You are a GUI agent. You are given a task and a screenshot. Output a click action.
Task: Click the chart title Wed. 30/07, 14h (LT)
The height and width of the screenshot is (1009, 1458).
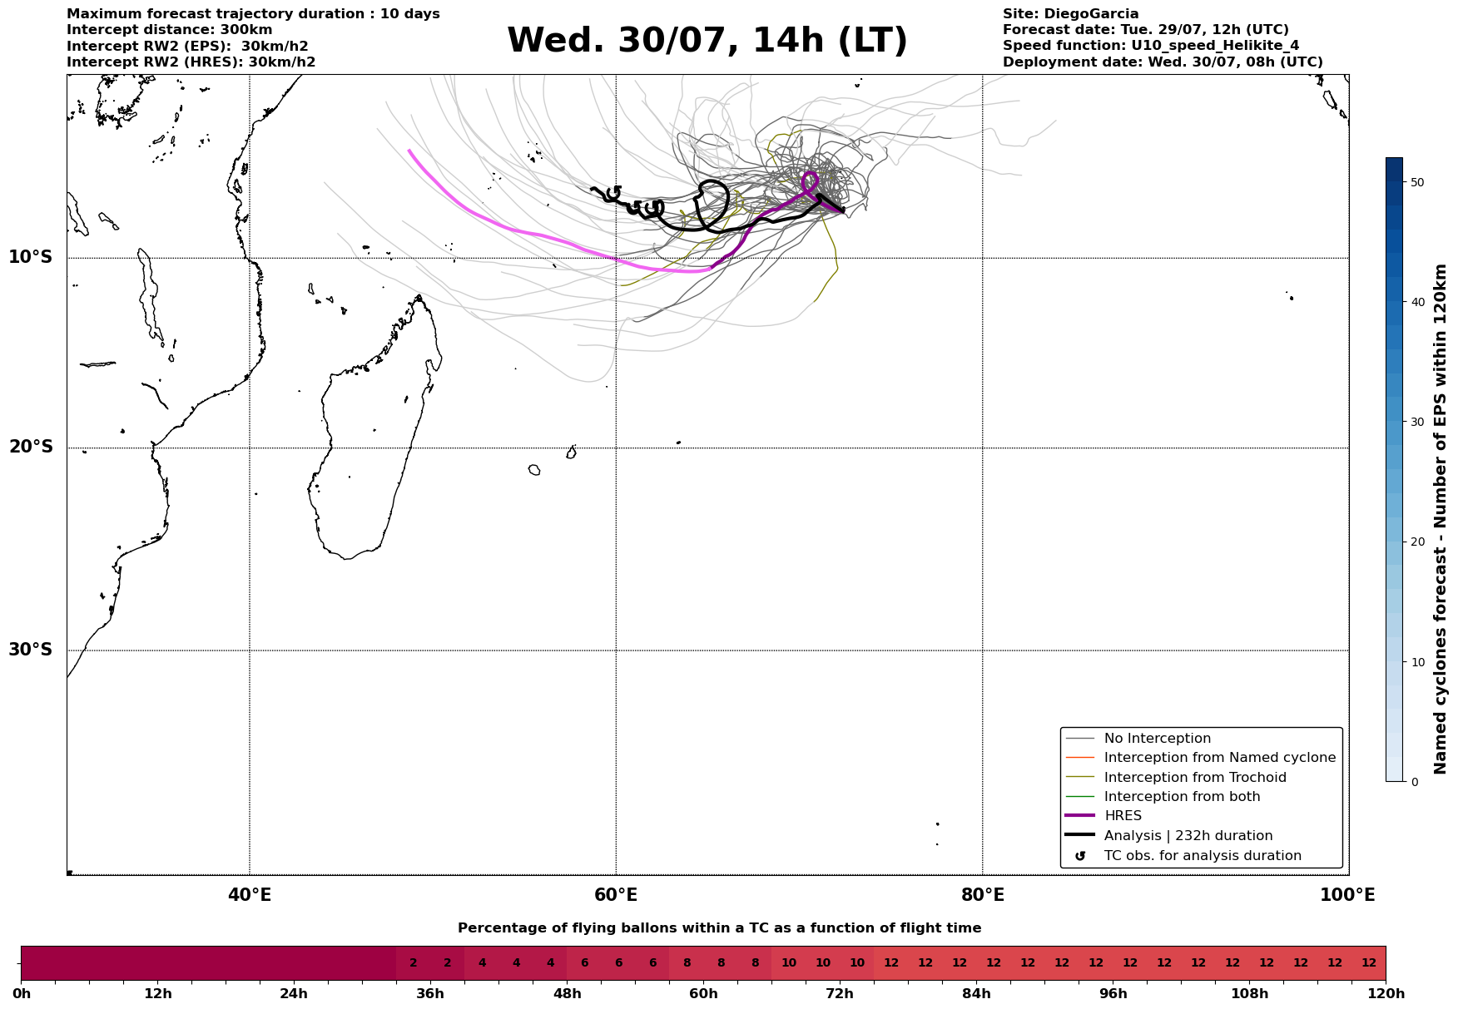tap(707, 41)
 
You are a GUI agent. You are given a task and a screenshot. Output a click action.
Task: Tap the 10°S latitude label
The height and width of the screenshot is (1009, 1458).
tap(31, 257)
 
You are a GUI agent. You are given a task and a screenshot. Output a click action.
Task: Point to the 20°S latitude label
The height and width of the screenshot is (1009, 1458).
tap(31, 448)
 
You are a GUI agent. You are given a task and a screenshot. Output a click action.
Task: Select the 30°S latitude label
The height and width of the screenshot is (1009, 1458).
tap(31, 650)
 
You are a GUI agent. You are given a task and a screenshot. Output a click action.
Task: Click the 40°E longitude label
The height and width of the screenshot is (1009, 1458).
tap(250, 895)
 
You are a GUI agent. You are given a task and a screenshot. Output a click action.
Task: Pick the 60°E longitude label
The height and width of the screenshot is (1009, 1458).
tap(616, 895)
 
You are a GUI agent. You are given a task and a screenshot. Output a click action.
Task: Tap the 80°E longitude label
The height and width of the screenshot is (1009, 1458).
tap(982, 895)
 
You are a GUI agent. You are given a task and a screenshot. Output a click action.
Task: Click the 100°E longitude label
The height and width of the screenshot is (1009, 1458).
tap(1347, 895)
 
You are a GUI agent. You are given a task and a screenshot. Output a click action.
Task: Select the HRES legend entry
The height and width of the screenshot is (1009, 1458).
tap(1123, 816)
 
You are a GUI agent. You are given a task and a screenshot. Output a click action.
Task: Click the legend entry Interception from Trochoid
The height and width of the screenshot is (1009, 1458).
tap(1194, 778)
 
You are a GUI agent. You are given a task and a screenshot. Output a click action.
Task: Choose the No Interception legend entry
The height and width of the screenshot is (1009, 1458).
tap(1157, 739)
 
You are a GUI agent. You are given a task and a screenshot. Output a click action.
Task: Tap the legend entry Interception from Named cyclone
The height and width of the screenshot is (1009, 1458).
tap(1219, 758)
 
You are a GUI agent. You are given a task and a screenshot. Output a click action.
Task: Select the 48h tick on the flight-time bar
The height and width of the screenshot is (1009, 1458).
tap(567, 993)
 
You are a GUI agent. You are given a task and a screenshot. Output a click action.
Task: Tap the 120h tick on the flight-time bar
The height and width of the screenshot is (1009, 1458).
tap(1385, 993)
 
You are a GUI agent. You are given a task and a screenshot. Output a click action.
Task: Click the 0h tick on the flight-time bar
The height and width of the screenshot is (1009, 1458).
tap(22, 993)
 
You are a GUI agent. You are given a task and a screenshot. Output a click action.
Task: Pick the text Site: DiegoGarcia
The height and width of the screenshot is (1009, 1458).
tap(1070, 14)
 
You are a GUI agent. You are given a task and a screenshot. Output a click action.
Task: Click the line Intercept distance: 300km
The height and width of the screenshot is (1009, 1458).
tap(169, 30)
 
